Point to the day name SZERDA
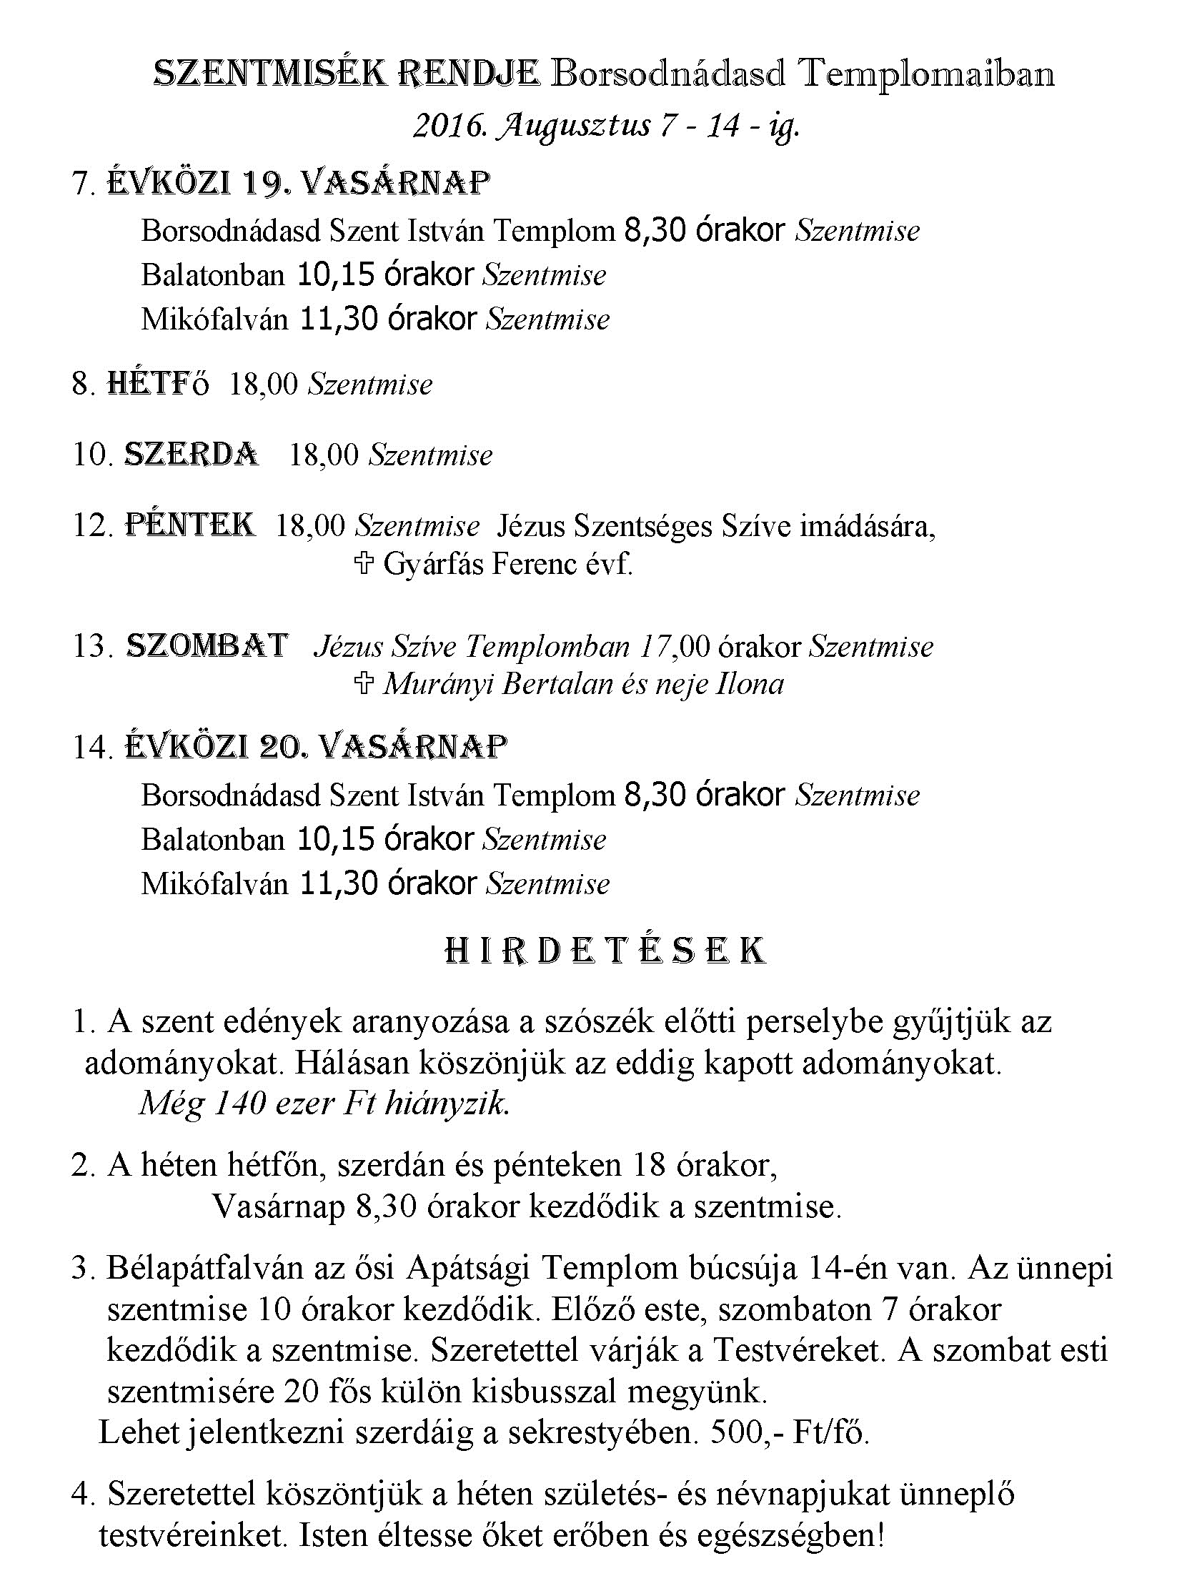[192, 455]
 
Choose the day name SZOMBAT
[207, 645]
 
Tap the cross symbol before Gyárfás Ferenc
[364, 565]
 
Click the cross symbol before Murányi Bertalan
[364, 684]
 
